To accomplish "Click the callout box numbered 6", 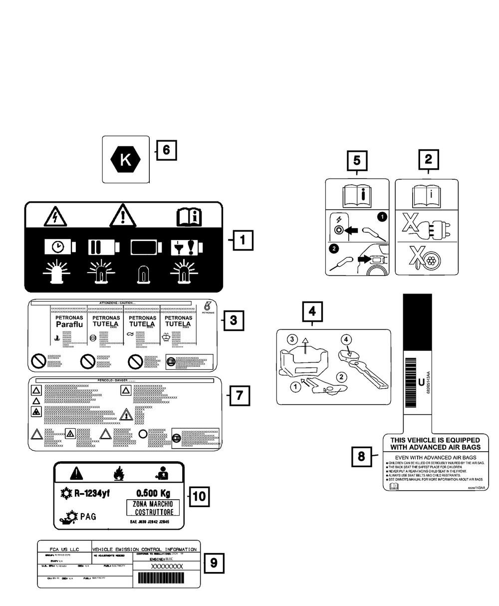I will click(x=166, y=149).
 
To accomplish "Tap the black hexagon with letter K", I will click(x=126, y=160).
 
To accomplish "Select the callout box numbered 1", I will click(x=243, y=240).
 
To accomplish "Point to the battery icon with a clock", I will click(x=60, y=247).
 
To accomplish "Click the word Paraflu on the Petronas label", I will click(x=67, y=324).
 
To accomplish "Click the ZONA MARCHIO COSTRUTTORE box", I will click(x=153, y=508).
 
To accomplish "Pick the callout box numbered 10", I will click(x=199, y=496).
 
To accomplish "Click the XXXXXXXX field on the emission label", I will click(x=167, y=566).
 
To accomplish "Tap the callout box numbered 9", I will click(x=214, y=563).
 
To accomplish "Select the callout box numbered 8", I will click(x=362, y=456).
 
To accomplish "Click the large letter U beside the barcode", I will click(x=421, y=383).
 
